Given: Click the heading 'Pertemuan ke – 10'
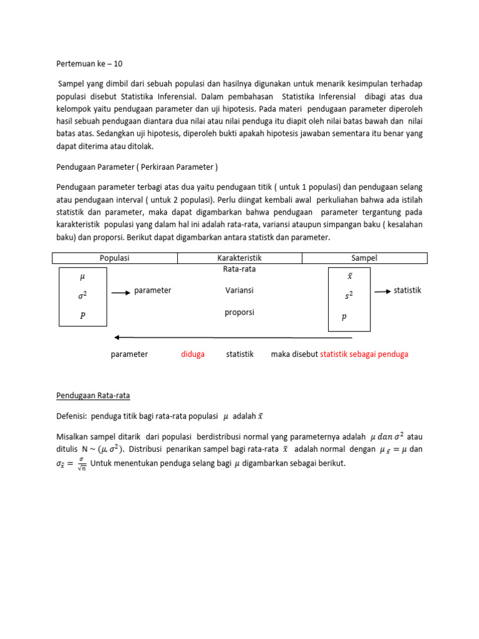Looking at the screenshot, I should coord(94,63).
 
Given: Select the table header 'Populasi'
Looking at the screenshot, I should coord(115,258).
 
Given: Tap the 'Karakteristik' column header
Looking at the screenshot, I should coord(239,258).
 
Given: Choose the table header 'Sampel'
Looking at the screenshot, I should coord(364,258).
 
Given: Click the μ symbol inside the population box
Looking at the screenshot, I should coord(82,276).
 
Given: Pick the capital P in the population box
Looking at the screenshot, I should coord(82,316).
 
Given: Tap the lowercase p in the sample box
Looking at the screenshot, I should coord(344,317).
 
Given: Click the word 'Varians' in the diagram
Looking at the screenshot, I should coord(239,290).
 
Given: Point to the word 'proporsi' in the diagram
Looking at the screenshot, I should coord(239,312).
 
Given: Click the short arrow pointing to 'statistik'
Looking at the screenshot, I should coord(382,291).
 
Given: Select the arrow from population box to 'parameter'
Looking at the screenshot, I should coord(120,291).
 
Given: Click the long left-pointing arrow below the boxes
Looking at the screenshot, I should coord(234,338).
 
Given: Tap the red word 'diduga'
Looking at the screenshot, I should coord(193,354).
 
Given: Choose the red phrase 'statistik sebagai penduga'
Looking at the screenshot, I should coord(364,354).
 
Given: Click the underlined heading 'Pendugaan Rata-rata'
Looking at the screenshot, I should coord(94,396).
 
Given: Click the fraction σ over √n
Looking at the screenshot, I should coord(82,464).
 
